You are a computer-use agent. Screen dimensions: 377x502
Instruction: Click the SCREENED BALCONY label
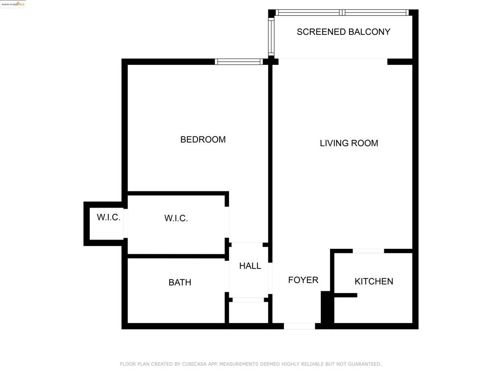pyautogui.click(x=343, y=32)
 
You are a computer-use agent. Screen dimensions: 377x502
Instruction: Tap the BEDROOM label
pyautogui.click(x=203, y=139)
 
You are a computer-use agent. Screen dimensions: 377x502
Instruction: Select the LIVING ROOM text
pyautogui.click(x=349, y=143)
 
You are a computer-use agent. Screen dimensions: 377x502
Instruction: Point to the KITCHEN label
pyautogui.click(x=374, y=281)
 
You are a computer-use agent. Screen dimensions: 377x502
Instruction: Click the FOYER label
pyautogui.click(x=303, y=280)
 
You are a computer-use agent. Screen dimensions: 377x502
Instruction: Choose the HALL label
pyautogui.click(x=250, y=266)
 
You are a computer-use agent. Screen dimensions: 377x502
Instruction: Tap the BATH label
pyautogui.click(x=180, y=282)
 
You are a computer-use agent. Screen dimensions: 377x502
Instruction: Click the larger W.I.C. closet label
pyautogui.click(x=176, y=218)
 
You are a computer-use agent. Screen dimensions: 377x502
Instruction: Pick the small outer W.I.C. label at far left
pyautogui.click(x=108, y=217)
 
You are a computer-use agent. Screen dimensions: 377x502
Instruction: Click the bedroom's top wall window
pyautogui.click(x=239, y=62)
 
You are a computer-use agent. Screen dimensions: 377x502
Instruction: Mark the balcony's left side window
pyautogui.click(x=271, y=37)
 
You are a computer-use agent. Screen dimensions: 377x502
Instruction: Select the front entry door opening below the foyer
pyautogui.click(x=299, y=326)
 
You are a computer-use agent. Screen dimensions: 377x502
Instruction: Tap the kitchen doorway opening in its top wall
pyautogui.click(x=368, y=251)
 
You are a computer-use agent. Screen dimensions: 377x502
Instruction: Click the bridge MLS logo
pyautogui.click(x=13, y=4)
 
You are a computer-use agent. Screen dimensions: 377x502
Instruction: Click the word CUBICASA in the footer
pyautogui.click(x=196, y=364)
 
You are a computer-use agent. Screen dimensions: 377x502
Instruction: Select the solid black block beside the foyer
pyautogui.click(x=327, y=307)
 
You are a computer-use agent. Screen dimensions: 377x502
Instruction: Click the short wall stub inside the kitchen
pyautogui.click(x=345, y=295)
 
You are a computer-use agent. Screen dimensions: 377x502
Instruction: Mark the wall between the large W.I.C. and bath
pyautogui.click(x=176, y=256)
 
